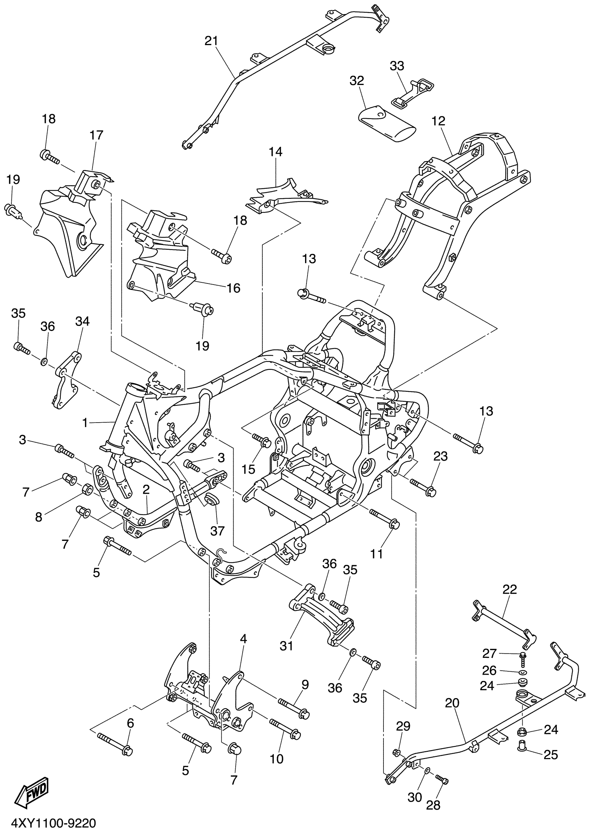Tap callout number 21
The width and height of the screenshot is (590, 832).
211,41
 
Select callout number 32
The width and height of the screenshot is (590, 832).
357,80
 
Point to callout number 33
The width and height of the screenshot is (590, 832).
397,66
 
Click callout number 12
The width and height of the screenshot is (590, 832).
438,121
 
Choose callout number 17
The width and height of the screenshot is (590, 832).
96,135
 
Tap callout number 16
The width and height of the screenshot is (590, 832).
233,288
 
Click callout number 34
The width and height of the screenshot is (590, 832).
83,321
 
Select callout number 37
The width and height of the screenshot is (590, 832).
218,531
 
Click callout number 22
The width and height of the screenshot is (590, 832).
509,589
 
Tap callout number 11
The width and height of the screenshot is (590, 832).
377,554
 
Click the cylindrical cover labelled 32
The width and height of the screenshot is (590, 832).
387,124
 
